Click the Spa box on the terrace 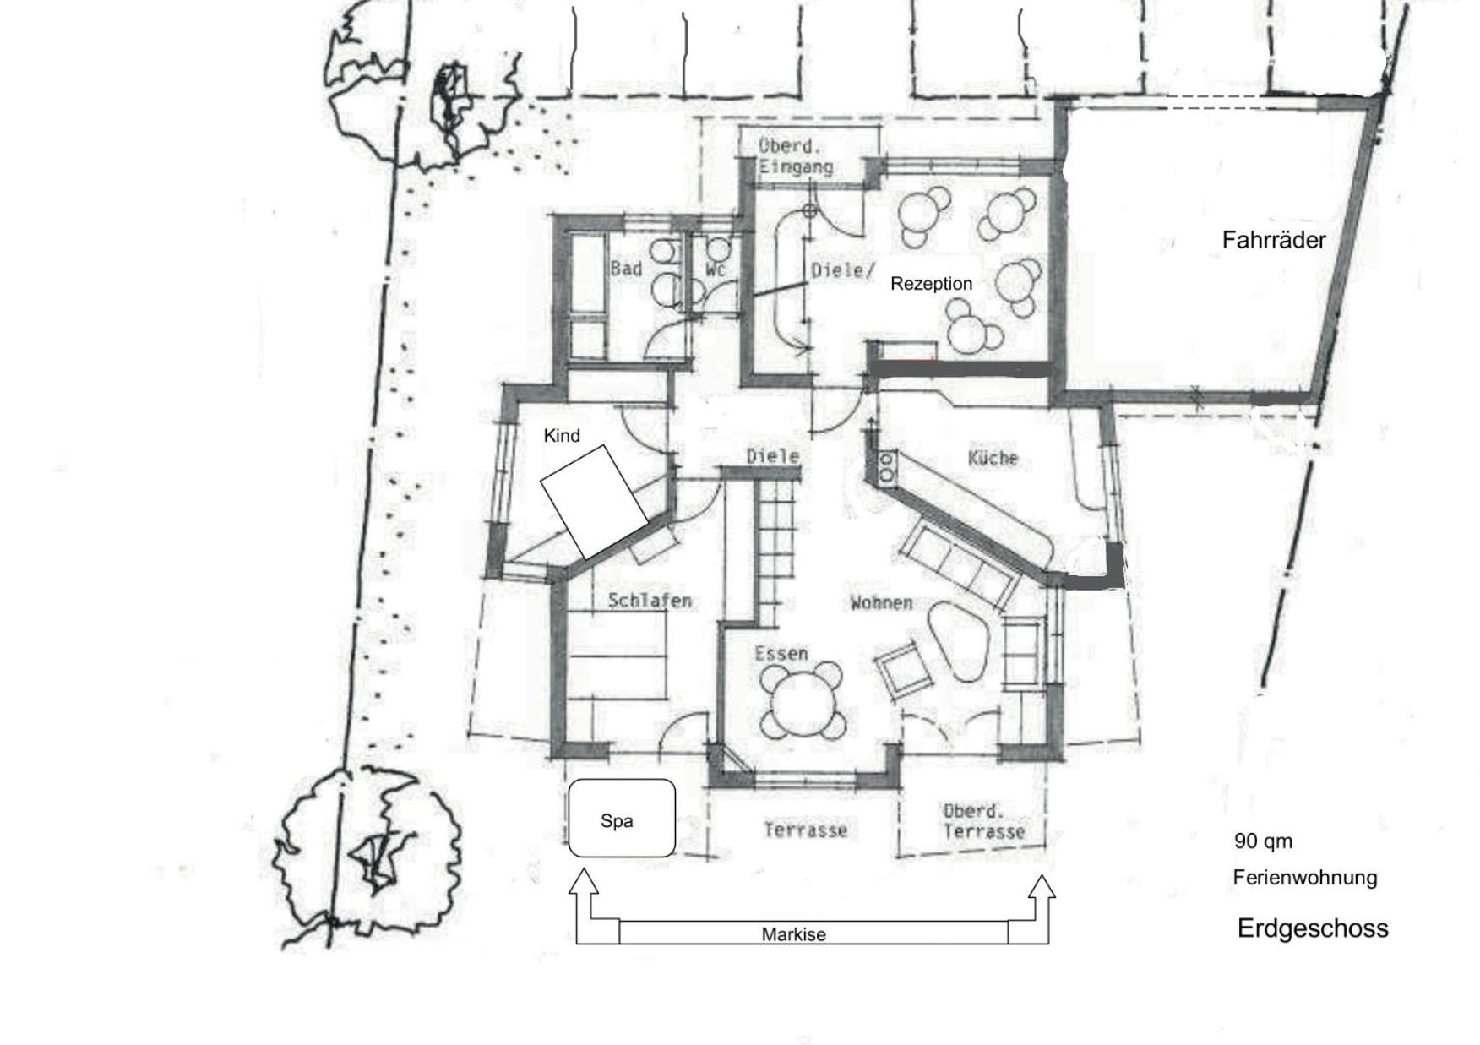tap(622, 818)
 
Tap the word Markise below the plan tap(793, 934)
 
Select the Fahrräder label tap(1274, 240)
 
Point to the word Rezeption tap(931, 284)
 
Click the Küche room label tap(993, 458)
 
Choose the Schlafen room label tap(650, 601)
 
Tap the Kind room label tap(562, 436)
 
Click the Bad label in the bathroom tap(626, 269)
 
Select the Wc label tap(716, 269)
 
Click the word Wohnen tap(881, 602)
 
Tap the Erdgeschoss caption tap(1313, 928)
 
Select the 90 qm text tap(1263, 841)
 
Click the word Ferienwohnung tap(1305, 878)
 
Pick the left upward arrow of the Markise tap(584, 907)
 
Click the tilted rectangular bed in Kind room tap(594, 502)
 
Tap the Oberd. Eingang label tap(795, 156)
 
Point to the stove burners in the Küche tap(887, 467)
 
